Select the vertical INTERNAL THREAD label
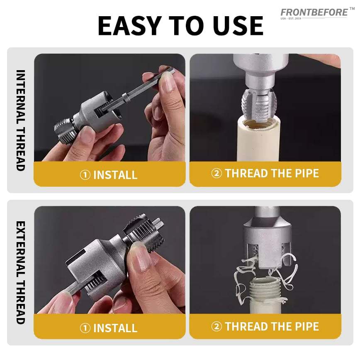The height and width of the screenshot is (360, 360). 20,120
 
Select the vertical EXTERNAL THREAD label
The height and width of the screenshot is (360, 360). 20,272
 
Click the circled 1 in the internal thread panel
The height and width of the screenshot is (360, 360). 85,175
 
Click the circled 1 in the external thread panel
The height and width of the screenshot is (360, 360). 85,328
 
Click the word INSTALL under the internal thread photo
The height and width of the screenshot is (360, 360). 115,175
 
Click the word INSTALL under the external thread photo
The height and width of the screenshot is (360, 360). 115,328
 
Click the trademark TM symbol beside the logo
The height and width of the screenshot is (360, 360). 352,9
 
